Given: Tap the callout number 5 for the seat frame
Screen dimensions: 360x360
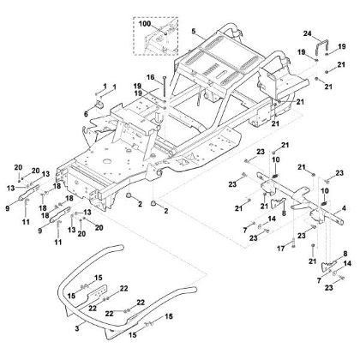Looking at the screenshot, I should [195, 32].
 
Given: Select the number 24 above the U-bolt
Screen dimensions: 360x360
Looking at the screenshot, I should [307, 33].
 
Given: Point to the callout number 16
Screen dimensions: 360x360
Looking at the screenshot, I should [148, 77].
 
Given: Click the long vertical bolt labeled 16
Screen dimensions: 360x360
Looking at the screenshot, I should [160, 89].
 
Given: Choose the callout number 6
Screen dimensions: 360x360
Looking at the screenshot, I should [85, 114].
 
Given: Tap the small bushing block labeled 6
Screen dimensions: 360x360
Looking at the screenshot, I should [98, 105].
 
